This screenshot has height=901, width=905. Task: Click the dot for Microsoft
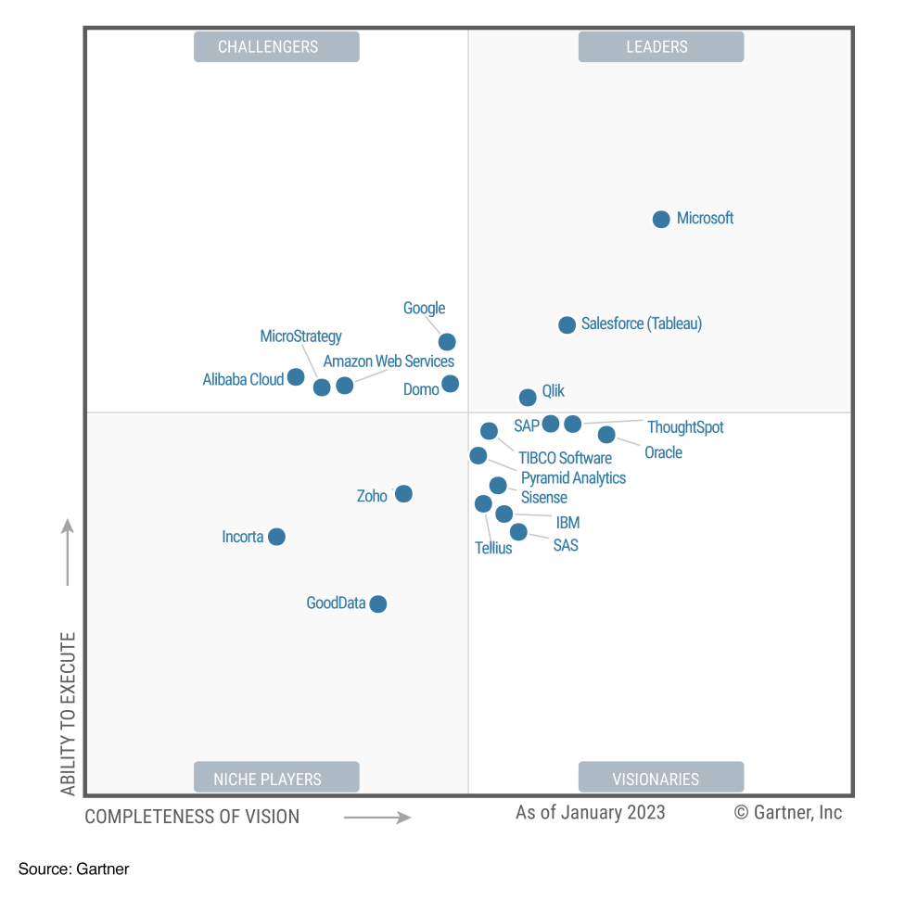(661, 220)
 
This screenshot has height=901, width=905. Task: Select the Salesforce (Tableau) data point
(567, 325)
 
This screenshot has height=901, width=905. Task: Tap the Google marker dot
(447, 342)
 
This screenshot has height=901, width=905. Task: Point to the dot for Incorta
(276, 537)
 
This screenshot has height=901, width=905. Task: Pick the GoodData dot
(377, 604)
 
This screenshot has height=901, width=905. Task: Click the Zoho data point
(403, 494)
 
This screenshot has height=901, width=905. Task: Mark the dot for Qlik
(528, 398)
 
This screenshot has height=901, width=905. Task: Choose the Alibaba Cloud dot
(296, 377)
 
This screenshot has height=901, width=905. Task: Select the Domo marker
(450, 384)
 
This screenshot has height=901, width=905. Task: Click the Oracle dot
(606, 435)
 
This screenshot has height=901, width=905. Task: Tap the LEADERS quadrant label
(660, 47)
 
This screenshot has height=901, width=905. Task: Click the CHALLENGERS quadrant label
(276, 47)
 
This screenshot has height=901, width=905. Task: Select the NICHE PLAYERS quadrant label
(276, 779)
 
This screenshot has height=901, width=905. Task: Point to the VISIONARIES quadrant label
(660, 779)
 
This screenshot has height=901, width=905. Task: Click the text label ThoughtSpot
(685, 427)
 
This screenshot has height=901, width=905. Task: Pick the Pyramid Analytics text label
(573, 478)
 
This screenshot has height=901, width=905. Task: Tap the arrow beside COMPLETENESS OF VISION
(377, 818)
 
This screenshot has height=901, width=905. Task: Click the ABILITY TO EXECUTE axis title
(69, 714)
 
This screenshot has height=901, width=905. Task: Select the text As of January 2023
(590, 813)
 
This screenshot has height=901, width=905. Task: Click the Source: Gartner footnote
(74, 869)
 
